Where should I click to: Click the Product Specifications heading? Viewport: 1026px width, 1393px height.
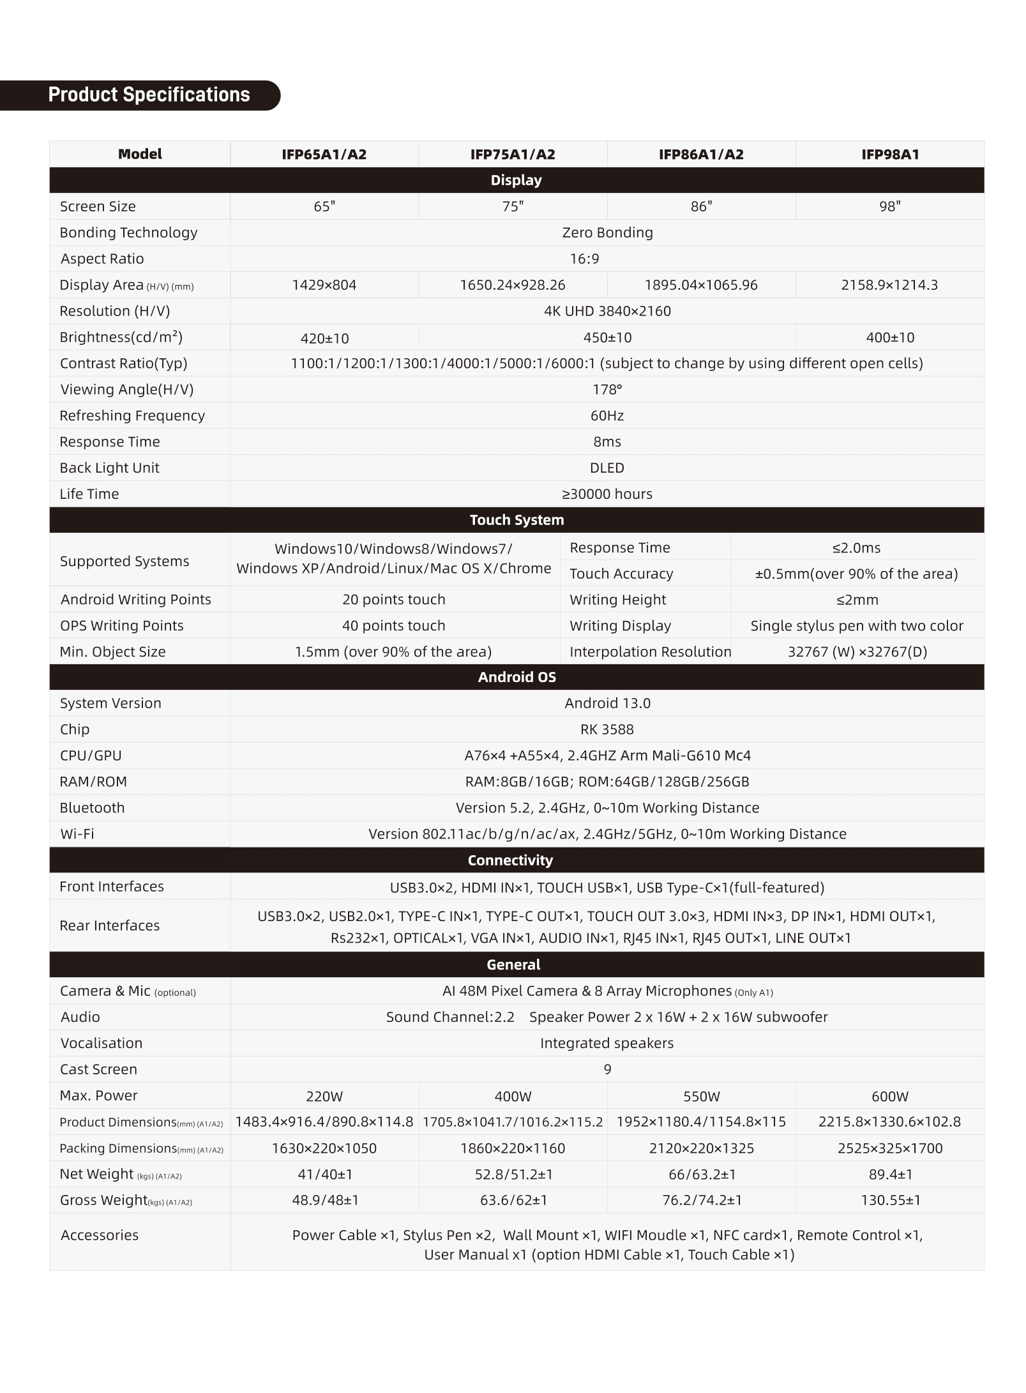[x=149, y=95]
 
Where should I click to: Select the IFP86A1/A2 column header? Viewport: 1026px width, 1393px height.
[x=700, y=155]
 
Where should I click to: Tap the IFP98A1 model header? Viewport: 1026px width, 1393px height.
[x=889, y=155]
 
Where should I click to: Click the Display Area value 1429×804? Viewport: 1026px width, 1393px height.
[x=324, y=285]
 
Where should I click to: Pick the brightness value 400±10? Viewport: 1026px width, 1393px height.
[x=889, y=337]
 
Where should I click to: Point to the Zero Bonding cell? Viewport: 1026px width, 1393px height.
[x=607, y=232]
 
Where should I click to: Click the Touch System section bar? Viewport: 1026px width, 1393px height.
[x=517, y=520]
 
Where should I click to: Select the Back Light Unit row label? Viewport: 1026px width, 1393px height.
[x=109, y=468]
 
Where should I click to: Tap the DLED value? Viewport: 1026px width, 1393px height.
[x=607, y=468]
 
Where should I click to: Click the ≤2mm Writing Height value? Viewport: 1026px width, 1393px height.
[x=856, y=600]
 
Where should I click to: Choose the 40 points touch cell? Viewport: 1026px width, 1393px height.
[x=393, y=626]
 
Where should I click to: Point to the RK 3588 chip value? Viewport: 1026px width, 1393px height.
[x=607, y=729]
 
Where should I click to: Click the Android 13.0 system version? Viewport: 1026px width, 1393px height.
[x=607, y=703]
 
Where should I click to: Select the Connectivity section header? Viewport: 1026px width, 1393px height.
[x=510, y=860]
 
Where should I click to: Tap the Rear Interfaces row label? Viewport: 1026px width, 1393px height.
[x=109, y=925]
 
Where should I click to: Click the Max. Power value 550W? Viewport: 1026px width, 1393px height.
[x=701, y=1097]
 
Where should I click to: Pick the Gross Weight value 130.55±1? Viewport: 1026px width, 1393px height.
[x=890, y=1201]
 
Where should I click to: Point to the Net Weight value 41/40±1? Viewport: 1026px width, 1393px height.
[x=325, y=1175]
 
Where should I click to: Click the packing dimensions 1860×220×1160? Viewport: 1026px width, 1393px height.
[x=513, y=1148]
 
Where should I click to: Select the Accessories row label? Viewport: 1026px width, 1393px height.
[x=100, y=1235]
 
